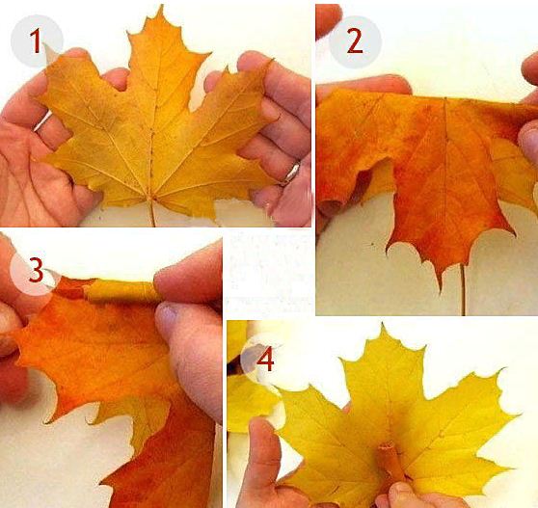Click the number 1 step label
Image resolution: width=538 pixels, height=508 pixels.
36,40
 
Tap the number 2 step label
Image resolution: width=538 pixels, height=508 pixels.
355,41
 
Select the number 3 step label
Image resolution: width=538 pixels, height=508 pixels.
37,270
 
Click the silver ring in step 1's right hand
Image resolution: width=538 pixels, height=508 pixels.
291,174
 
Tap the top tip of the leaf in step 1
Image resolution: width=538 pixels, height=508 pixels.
161,6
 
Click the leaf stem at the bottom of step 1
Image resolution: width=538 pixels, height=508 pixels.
152,213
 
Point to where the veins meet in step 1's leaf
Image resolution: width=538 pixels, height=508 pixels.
151,198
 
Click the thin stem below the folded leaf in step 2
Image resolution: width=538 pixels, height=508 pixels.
463,289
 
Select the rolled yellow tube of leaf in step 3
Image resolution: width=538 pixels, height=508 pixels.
121,291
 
